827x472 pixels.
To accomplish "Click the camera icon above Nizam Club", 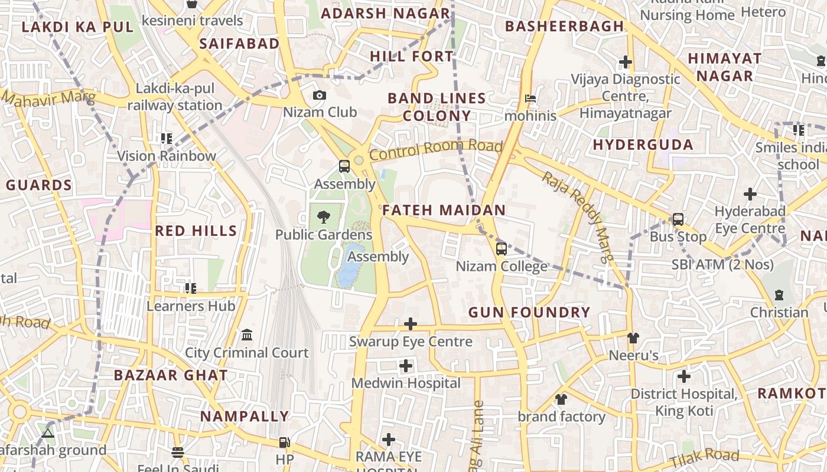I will click(x=319, y=96).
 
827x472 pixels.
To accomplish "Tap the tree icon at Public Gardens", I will click(x=323, y=217).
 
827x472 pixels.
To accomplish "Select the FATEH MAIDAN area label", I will click(x=444, y=210).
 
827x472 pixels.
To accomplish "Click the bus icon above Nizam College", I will click(x=501, y=249).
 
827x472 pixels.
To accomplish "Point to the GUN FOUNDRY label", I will click(x=529, y=313).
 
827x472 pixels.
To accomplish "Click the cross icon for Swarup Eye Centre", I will click(x=411, y=324).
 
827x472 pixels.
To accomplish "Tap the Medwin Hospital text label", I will click(x=406, y=383).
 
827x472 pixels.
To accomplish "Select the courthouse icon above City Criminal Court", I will click(x=247, y=335).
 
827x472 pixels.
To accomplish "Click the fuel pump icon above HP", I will click(x=284, y=442).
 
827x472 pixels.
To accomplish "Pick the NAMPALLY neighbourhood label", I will click(x=245, y=417).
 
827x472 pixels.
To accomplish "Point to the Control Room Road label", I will click(x=436, y=150).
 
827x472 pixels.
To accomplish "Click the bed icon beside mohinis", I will click(x=530, y=98).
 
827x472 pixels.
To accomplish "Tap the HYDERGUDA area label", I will click(x=643, y=145).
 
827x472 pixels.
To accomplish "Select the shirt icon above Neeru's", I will click(x=633, y=338).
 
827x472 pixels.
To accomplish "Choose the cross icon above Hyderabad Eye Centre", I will click(x=750, y=194).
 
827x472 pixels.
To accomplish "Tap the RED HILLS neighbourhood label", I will click(x=196, y=231).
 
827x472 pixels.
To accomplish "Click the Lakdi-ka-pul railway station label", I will click(x=175, y=97).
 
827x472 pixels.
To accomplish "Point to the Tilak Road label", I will click(x=705, y=457).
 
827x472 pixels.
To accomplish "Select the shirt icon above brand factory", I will click(x=561, y=399).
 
